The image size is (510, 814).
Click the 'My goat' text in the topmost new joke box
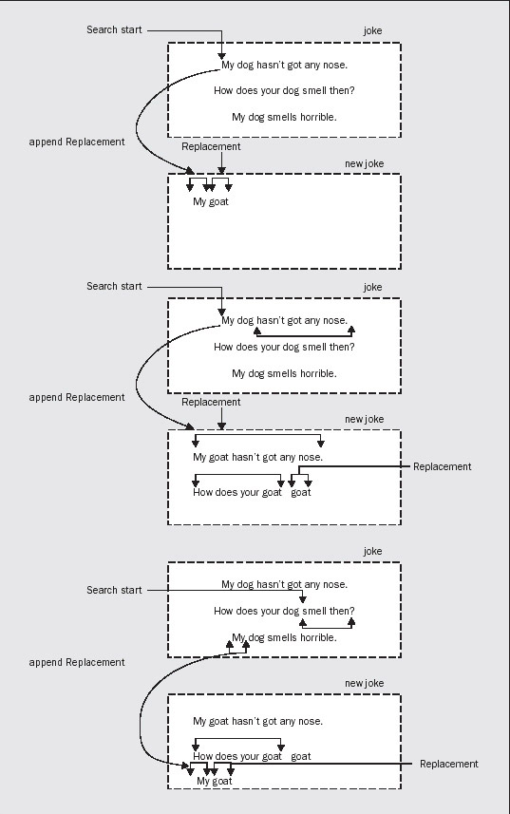[211, 202]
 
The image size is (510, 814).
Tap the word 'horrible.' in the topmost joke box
[318, 118]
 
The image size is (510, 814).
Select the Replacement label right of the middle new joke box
[443, 466]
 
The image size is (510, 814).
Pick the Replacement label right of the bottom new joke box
[449, 764]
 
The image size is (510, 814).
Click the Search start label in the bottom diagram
[114, 590]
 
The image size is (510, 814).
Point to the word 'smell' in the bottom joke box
[313, 611]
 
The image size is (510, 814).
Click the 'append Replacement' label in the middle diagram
[77, 398]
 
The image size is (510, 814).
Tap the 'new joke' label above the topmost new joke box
[364, 163]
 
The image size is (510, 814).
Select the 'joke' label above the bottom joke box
[372, 551]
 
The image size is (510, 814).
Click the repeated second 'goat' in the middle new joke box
[301, 493]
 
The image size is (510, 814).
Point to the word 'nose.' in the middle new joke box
[311, 458]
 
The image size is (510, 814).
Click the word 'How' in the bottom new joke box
[202, 756]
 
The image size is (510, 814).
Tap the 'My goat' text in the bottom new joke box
[215, 782]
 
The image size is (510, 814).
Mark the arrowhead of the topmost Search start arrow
[221, 56]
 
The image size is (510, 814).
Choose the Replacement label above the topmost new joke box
[211, 147]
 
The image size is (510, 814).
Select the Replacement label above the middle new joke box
[211, 403]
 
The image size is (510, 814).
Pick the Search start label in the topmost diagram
[114, 30]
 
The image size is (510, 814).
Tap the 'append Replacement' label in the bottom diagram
[77, 662]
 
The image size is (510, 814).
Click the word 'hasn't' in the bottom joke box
[272, 584]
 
